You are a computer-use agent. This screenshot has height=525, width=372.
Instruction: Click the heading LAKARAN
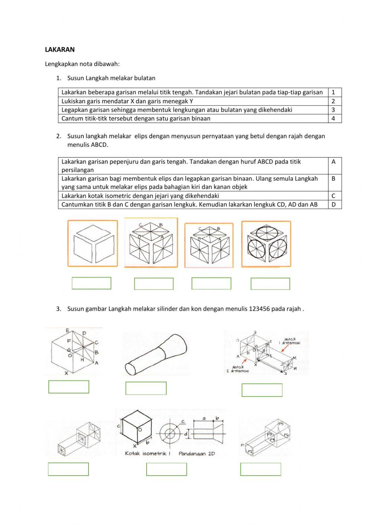60,49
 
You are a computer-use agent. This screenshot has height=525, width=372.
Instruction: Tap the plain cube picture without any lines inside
93,244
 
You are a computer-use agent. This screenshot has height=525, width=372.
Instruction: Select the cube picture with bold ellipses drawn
266,244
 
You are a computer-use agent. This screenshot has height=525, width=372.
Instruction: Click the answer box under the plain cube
92,283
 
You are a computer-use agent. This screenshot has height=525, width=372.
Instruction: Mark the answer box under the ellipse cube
270,284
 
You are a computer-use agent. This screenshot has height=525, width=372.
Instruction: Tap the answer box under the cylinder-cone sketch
146,388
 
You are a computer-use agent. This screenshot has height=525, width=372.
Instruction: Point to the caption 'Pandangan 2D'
196,454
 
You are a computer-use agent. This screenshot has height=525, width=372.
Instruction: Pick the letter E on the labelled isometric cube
67,330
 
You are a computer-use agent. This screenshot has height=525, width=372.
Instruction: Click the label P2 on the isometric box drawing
250,451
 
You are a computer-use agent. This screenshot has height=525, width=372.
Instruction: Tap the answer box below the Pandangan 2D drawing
167,469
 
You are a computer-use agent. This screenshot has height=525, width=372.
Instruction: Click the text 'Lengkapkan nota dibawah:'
82,64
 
